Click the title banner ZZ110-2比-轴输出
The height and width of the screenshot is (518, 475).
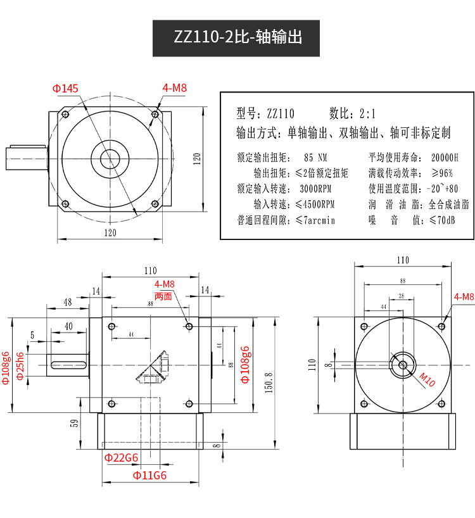coord(237,37)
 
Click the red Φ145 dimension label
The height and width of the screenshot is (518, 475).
coord(66,89)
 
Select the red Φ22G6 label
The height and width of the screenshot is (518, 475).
coord(121,457)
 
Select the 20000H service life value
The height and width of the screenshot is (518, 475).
coord(444,158)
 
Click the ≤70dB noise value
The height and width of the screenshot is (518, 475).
coord(442,220)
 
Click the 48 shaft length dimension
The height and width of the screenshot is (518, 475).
coord(68,302)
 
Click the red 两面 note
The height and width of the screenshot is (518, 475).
coord(163,296)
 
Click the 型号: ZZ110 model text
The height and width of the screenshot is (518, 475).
coord(265,114)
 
